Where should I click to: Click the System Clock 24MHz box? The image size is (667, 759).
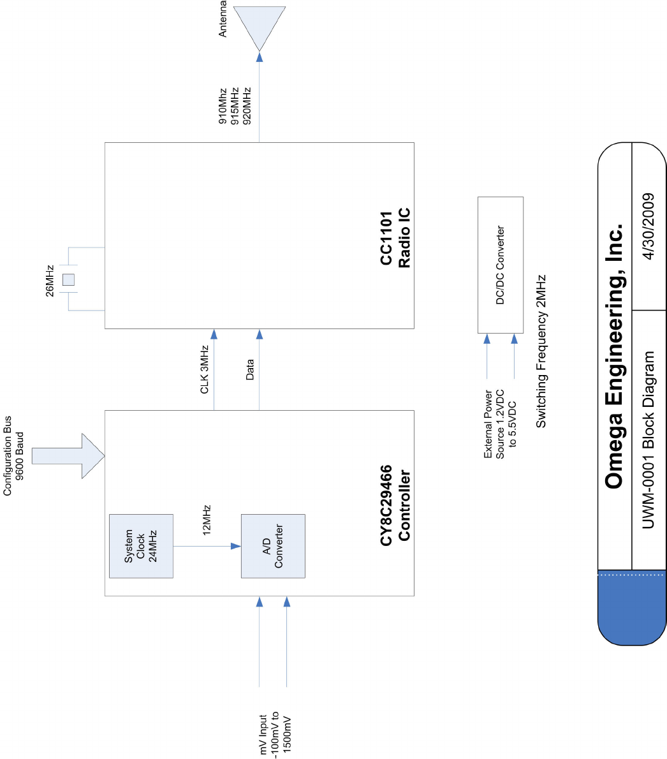(141, 546)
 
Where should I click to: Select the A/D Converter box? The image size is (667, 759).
(273, 546)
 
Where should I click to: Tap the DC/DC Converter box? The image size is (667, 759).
(501, 265)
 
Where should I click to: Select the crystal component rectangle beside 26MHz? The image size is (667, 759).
(68, 279)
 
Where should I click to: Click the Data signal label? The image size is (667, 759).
(249, 370)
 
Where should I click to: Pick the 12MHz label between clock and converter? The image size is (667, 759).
(207, 521)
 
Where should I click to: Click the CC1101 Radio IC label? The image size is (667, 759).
(395, 237)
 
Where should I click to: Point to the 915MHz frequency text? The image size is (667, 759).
(234, 105)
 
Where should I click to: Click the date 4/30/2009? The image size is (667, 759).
(649, 227)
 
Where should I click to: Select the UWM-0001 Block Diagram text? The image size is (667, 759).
(649, 440)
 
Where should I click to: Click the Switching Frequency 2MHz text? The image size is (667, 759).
(541, 351)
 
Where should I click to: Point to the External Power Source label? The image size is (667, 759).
(500, 424)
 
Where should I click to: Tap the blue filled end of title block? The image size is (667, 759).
(631, 609)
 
